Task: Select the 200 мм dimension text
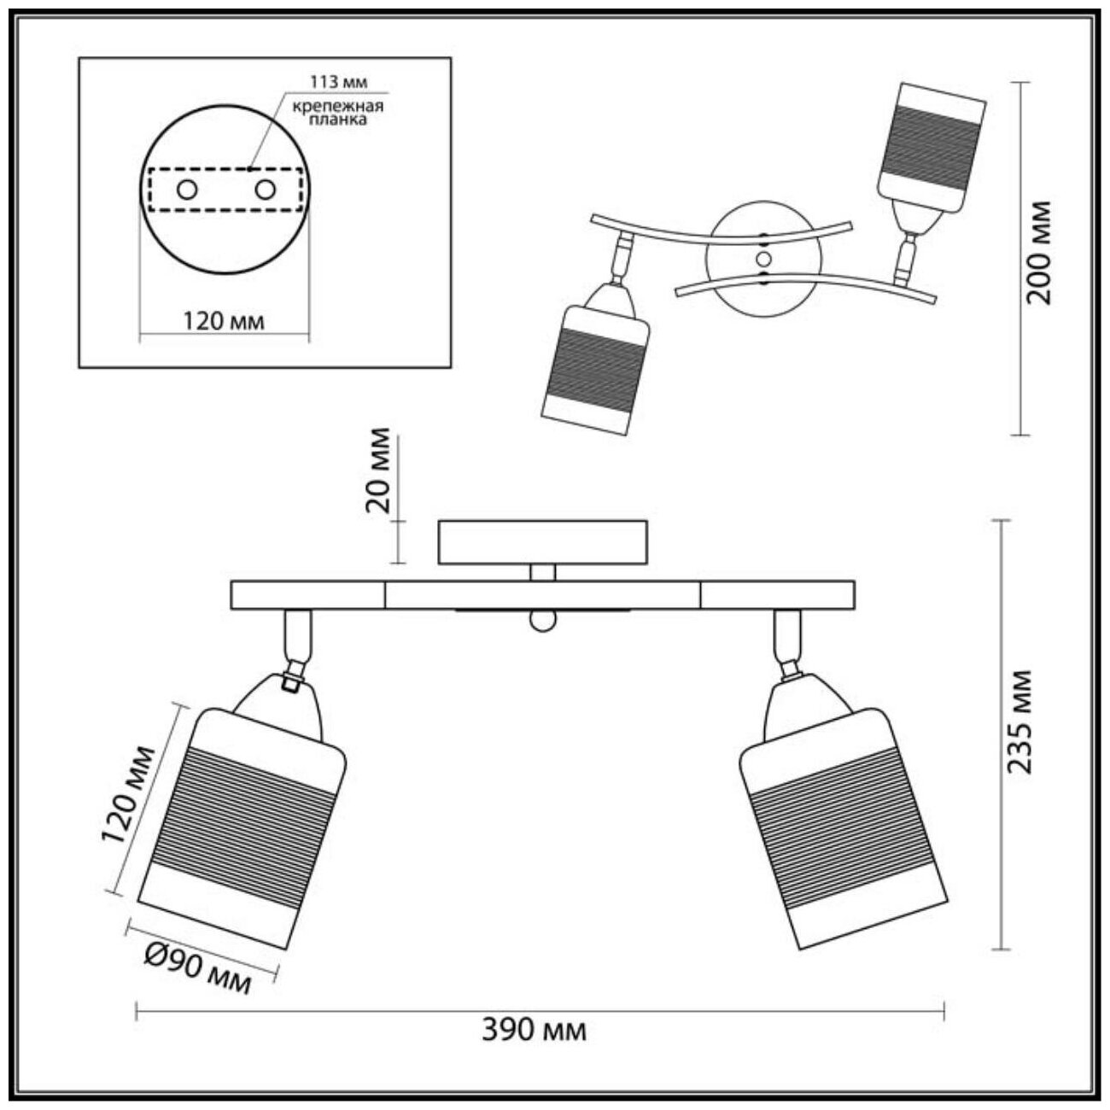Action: (x=1040, y=254)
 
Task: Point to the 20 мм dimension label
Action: (x=377, y=470)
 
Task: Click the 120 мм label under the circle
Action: (x=223, y=321)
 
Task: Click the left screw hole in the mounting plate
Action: (x=187, y=190)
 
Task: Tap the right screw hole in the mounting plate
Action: (x=265, y=190)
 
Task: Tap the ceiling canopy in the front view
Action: (x=543, y=542)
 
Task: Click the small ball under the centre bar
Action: (x=540, y=621)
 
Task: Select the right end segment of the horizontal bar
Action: (x=777, y=594)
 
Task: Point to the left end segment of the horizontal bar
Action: (x=307, y=594)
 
